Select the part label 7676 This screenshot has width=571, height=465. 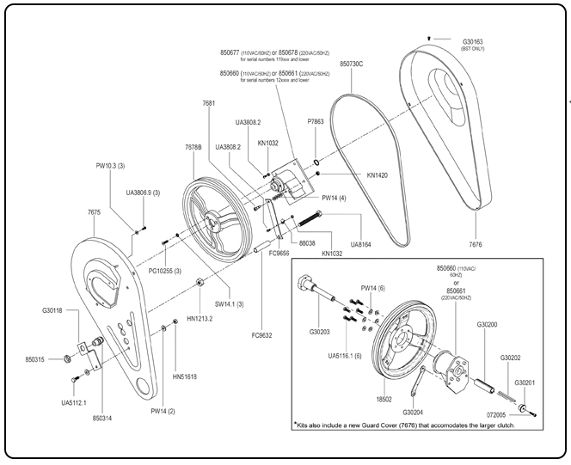pos(479,221)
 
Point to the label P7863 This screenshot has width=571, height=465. pos(317,122)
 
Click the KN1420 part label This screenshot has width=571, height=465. pos(378,175)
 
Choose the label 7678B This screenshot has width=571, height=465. pos(193,147)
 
